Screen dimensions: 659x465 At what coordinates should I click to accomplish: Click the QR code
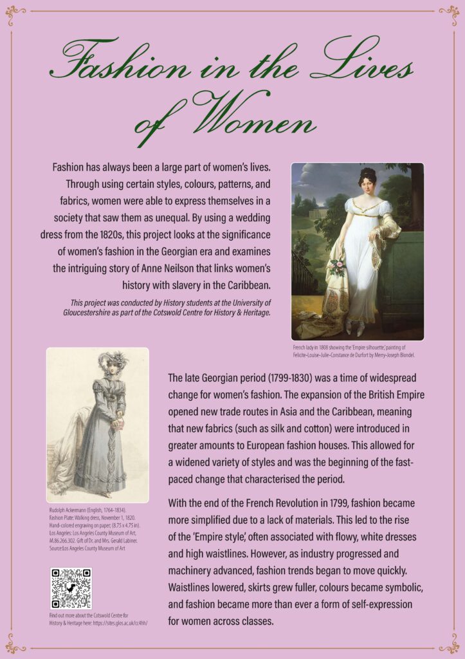click(71, 588)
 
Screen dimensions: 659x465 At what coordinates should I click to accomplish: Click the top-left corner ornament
click(15, 14)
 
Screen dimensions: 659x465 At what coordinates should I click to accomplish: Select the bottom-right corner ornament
click(449, 643)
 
